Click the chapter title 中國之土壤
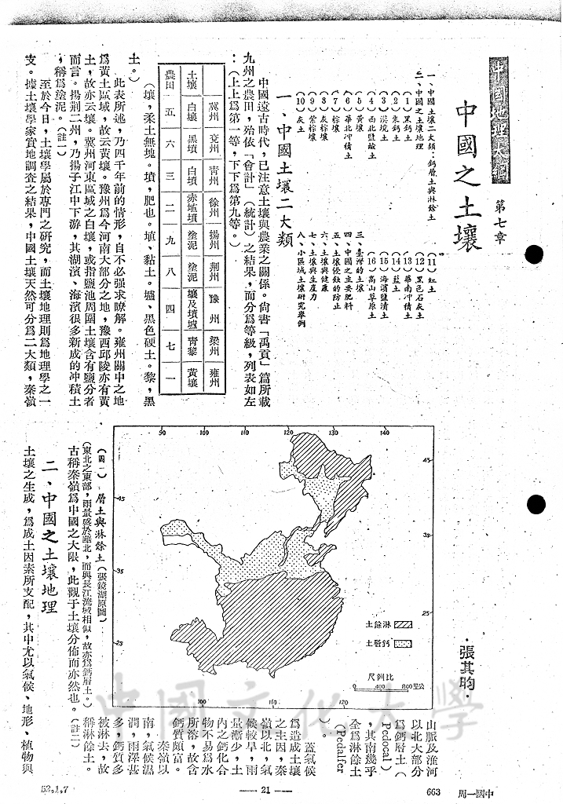[462, 177]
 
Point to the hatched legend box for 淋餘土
[403, 625]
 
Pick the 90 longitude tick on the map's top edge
[162, 431]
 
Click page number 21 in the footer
[265, 791]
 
